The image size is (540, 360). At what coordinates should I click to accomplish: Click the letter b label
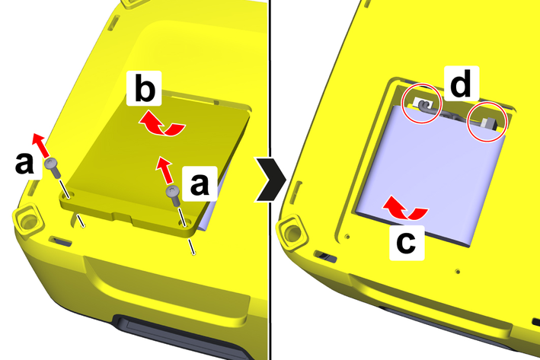tap(144, 88)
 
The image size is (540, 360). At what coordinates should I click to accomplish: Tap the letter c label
tap(407, 243)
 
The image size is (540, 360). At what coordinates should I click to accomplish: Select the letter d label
tap(462, 83)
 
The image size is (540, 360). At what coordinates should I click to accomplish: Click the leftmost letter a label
tap(24, 163)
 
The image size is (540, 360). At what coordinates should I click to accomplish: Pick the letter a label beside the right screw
tap(200, 183)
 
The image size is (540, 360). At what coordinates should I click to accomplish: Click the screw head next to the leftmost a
tap(51, 164)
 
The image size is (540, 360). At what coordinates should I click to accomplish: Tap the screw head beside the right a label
tap(173, 191)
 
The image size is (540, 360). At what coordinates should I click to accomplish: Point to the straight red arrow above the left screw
tap(40, 146)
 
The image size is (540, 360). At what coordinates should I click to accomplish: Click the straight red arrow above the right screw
tap(164, 170)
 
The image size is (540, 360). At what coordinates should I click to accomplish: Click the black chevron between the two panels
tap(270, 179)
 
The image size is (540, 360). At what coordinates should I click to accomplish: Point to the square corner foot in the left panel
tap(28, 220)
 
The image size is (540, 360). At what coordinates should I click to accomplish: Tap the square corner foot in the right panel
tap(292, 232)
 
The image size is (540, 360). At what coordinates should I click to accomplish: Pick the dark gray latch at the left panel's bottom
tap(183, 336)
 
